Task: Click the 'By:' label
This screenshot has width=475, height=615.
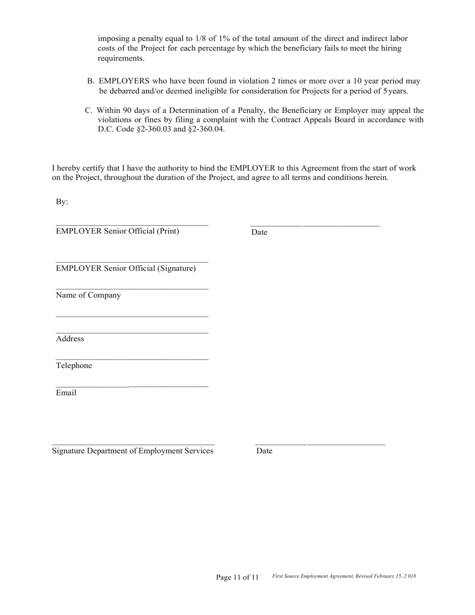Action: coord(62,202)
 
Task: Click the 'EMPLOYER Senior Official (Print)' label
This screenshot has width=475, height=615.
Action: coord(117,231)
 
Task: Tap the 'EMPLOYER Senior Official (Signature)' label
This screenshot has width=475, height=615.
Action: coord(126,268)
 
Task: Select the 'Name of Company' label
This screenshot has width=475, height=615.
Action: coord(88,295)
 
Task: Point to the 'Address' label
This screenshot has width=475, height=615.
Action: coord(70,339)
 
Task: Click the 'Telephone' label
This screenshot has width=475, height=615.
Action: coord(74,365)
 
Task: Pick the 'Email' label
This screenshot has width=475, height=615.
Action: coord(66,393)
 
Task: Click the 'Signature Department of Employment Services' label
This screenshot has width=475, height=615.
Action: coord(132,451)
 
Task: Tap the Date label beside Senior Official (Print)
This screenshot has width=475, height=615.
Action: coord(259,232)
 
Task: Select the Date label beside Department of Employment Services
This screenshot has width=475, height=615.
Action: coord(264,451)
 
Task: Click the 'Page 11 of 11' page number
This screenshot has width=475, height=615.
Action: coord(237,577)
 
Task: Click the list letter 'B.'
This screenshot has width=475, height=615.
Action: coord(91,81)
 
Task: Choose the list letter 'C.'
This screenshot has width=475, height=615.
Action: coord(88,110)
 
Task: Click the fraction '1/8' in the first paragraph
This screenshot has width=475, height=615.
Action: coord(195,38)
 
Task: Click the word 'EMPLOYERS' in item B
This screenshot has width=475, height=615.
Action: coord(124,81)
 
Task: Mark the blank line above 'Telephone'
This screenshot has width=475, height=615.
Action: coord(132,359)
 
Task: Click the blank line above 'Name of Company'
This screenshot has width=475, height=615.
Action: coord(132,288)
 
